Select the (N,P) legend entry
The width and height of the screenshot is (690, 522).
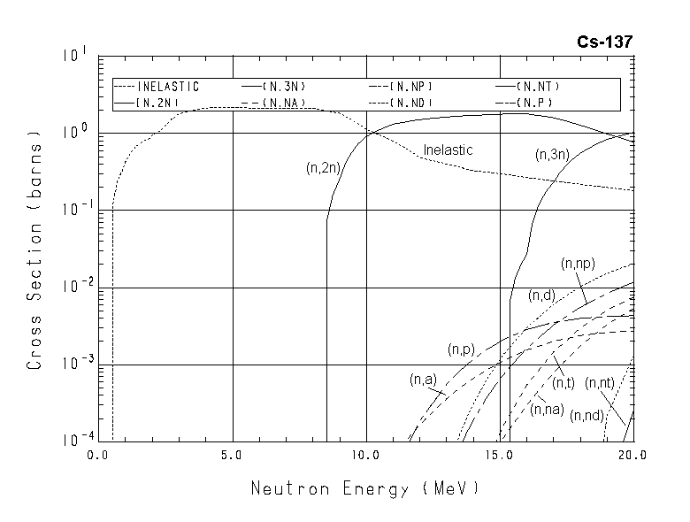[x=531, y=104]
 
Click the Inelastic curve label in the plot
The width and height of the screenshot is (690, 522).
[x=448, y=150]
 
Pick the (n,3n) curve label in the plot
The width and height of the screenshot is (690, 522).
[x=552, y=154]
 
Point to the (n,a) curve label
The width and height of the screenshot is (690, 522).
[x=423, y=380]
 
